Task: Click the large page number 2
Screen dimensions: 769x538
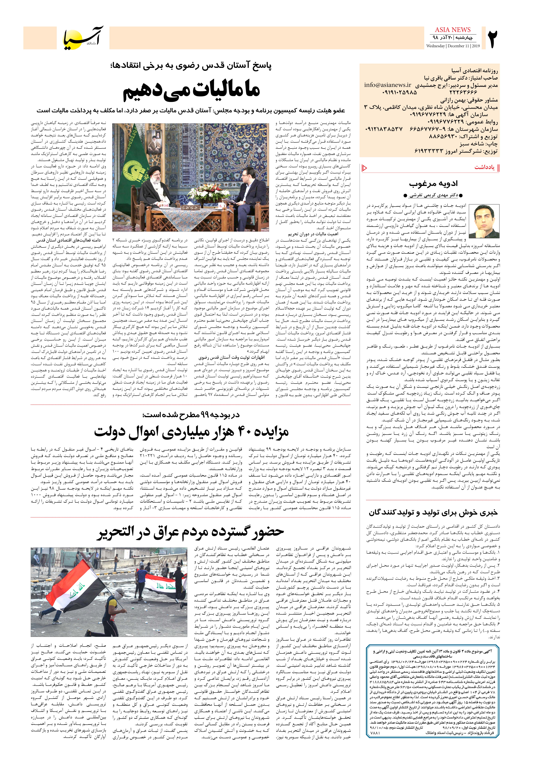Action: tap(492, 39)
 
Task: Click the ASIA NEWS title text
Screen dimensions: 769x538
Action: tap(453, 30)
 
